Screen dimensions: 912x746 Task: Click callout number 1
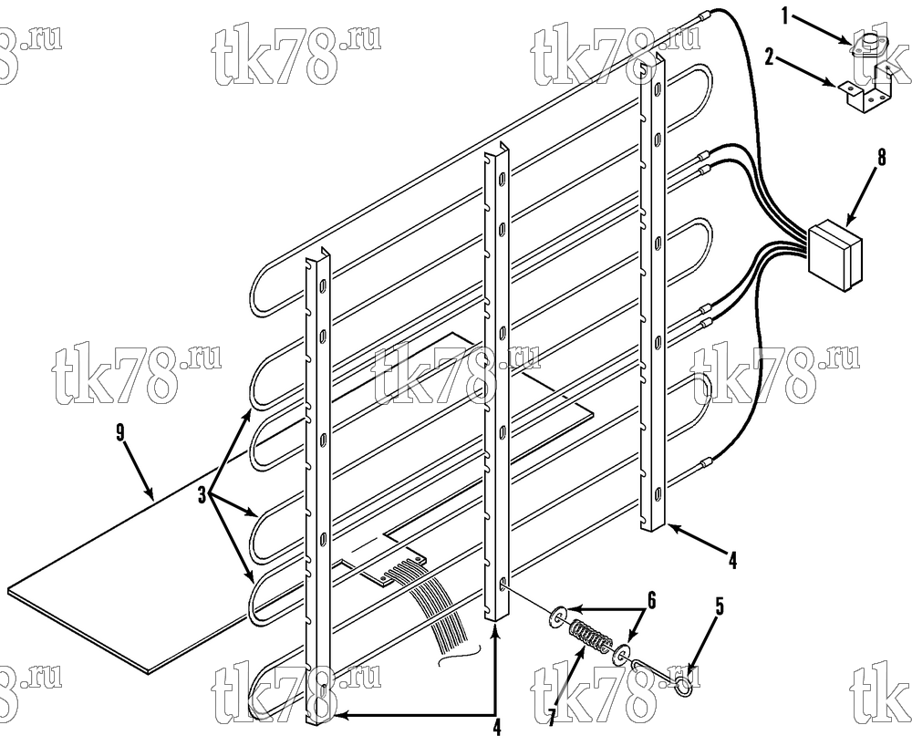point(785,16)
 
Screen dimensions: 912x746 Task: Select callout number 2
point(770,57)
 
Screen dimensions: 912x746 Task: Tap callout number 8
point(881,157)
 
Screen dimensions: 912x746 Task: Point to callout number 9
point(119,433)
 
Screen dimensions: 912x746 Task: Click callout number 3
point(202,496)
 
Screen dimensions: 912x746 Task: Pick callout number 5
point(720,607)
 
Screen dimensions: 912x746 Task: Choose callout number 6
point(651,601)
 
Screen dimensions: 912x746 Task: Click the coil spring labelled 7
point(587,636)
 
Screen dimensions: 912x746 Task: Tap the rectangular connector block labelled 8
point(835,254)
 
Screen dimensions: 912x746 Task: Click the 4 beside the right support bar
point(732,561)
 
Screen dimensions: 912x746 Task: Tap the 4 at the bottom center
point(496,726)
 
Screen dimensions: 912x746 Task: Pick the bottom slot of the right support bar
point(658,493)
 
